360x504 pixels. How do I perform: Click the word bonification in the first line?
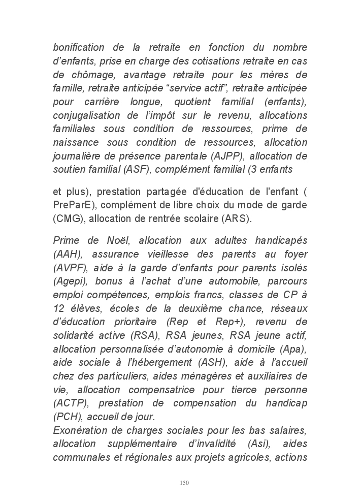(79, 48)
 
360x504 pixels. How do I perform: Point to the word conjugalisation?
(86, 116)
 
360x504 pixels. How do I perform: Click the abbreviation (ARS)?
(237, 219)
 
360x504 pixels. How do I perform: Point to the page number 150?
(184, 483)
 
